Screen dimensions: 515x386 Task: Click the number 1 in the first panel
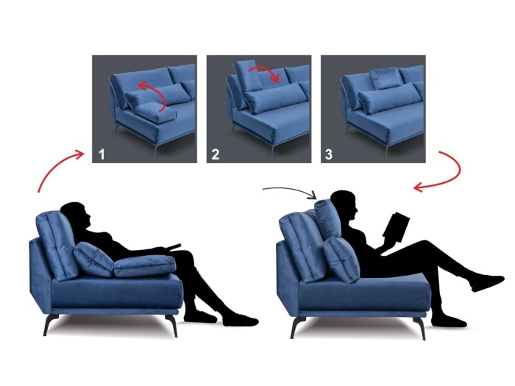(x=102, y=154)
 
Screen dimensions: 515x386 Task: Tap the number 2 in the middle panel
(x=216, y=154)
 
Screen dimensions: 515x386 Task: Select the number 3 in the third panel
(x=329, y=154)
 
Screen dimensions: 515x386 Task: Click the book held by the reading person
(x=397, y=224)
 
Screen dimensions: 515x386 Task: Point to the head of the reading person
(x=344, y=204)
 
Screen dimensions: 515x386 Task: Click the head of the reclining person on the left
(x=76, y=215)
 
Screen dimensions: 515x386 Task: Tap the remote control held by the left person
(x=172, y=246)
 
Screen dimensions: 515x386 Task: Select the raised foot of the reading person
(x=487, y=283)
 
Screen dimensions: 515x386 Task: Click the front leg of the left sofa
(x=171, y=325)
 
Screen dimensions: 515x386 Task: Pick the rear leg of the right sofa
(x=296, y=327)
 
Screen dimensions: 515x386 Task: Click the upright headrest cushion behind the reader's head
(x=328, y=218)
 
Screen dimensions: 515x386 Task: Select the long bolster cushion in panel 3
(x=390, y=96)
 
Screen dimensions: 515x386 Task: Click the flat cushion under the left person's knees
(x=144, y=265)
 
